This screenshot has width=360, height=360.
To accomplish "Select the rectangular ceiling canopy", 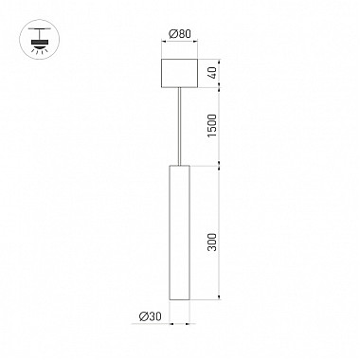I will (x=180, y=73).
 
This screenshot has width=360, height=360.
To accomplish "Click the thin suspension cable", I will (x=180, y=123).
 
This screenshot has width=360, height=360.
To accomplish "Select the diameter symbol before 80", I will (x=171, y=35).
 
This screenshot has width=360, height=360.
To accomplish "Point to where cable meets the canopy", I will (x=180, y=88).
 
